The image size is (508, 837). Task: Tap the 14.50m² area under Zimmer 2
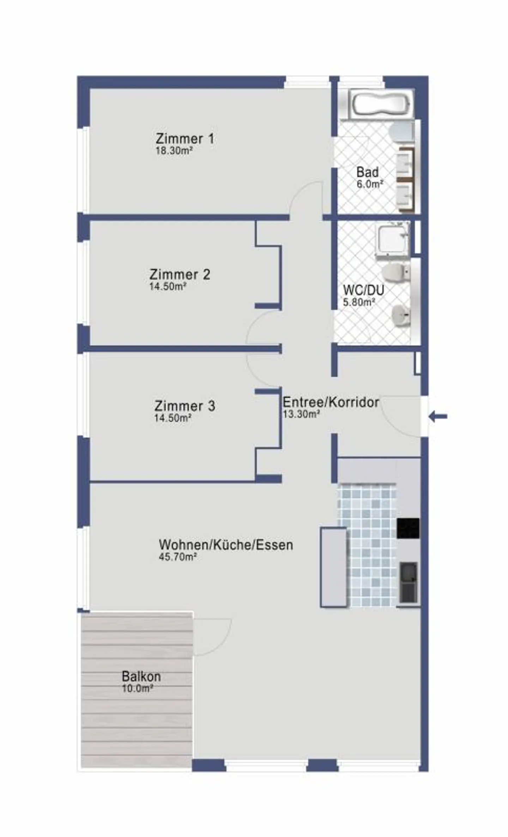click(x=168, y=286)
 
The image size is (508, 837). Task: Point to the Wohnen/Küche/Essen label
click(x=226, y=544)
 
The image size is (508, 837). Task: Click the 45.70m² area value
click(x=177, y=557)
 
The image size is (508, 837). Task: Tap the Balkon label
click(x=141, y=676)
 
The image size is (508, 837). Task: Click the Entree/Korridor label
click(x=331, y=402)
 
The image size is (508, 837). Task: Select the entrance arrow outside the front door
click(x=438, y=417)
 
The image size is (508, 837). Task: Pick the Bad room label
click(x=367, y=172)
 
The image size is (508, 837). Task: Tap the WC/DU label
click(x=363, y=290)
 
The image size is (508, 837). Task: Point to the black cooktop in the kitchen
click(x=408, y=528)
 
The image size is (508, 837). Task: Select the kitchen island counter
click(x=333, y=567)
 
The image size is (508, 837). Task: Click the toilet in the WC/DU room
click(x=396, y=273)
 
